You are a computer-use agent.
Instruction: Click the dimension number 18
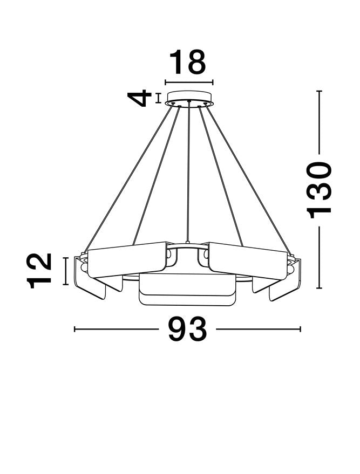(188, 62)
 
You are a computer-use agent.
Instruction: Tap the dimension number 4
(139, 98)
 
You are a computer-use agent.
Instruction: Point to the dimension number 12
(39, 271)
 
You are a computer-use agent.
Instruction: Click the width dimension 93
(188, 329)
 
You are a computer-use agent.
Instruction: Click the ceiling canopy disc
(189, 98)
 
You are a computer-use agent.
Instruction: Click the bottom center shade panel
(187, 290)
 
